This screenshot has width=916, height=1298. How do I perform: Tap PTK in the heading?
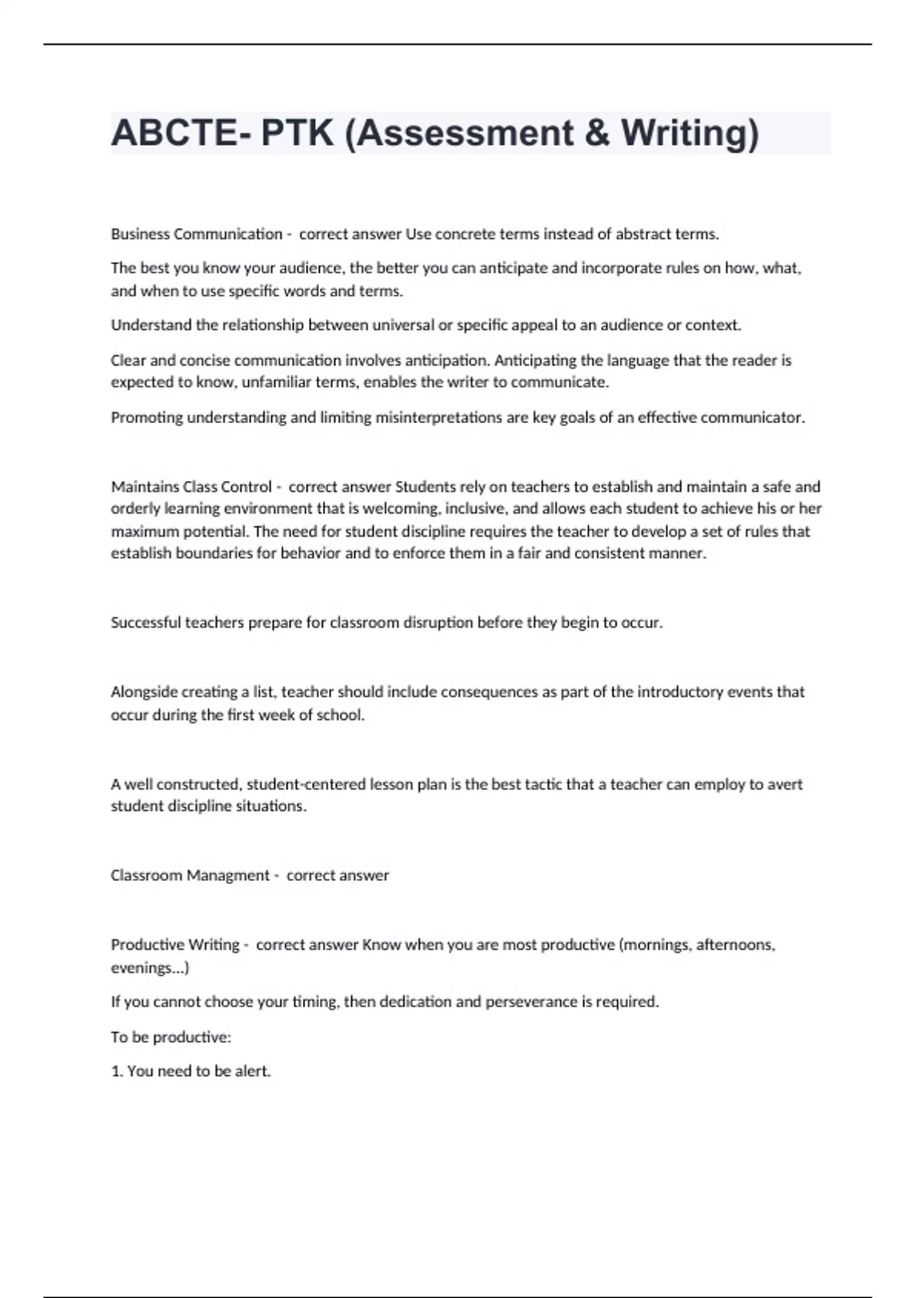pyautogui.click(x=298, y=133)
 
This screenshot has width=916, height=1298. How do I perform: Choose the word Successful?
pyautogui.click(x=146, y=623)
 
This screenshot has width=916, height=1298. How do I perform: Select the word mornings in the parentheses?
pyautogui.click(x=654, y=945)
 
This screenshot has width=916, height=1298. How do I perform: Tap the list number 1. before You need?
pyautogui.click(x=117, y=1071)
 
